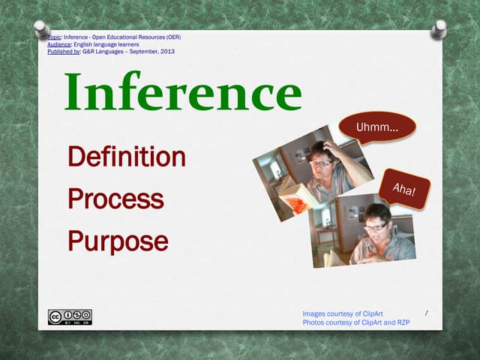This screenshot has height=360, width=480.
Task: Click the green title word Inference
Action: click(184, 94)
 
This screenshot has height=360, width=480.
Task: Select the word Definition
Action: click(126, 157)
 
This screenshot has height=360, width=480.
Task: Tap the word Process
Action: click(115, 199)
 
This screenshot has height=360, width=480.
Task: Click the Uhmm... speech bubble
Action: click(376, 127)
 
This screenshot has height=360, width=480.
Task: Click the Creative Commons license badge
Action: click(70, 317)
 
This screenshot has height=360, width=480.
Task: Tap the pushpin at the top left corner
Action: click(42, 29)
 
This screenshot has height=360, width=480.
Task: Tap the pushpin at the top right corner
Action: click(439, 29)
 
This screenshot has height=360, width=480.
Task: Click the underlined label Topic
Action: click(52, 37)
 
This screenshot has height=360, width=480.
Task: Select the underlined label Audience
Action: click(60, 44)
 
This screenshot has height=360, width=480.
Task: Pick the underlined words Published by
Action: click(64, 52)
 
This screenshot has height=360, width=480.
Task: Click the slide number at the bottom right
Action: click(426, 313)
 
